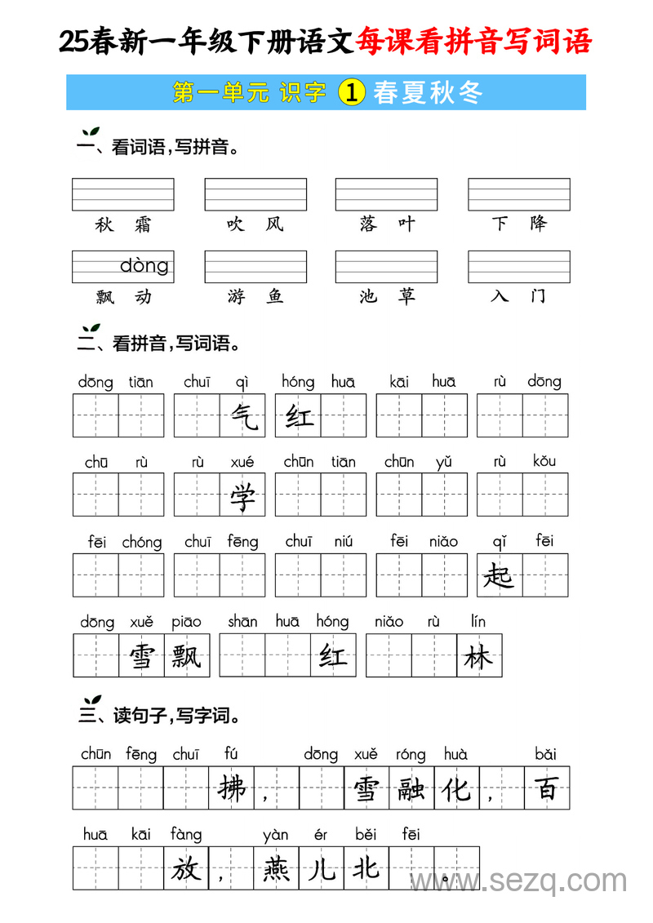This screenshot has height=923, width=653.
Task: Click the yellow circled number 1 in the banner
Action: coord(350,92)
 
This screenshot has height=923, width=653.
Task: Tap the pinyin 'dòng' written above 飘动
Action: coord(144,265)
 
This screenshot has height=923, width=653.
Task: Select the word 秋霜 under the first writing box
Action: coord(123,224)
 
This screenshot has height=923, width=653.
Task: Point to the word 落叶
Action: coord(387,224)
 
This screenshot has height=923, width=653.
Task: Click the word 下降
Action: coord(519,224)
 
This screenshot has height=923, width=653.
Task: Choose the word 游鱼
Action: coord(255,296)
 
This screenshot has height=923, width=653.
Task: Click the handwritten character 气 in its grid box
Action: coord(242,416)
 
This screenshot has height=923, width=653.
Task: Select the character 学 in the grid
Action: coord(242,495)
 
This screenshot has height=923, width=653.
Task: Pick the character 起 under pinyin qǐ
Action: coord(499,575)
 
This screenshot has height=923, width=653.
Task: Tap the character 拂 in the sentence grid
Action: coord(233,788)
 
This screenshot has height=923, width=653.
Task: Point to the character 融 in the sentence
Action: coord(411,788)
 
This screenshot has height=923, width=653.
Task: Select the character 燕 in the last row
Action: coord(277,868)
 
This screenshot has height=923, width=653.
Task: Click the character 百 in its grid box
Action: coord(546,788)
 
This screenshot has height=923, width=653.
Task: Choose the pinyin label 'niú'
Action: coord(344,542)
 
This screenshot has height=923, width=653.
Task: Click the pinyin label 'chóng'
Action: coord(142,543)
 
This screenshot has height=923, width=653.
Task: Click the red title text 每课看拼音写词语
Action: coord(473,42)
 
